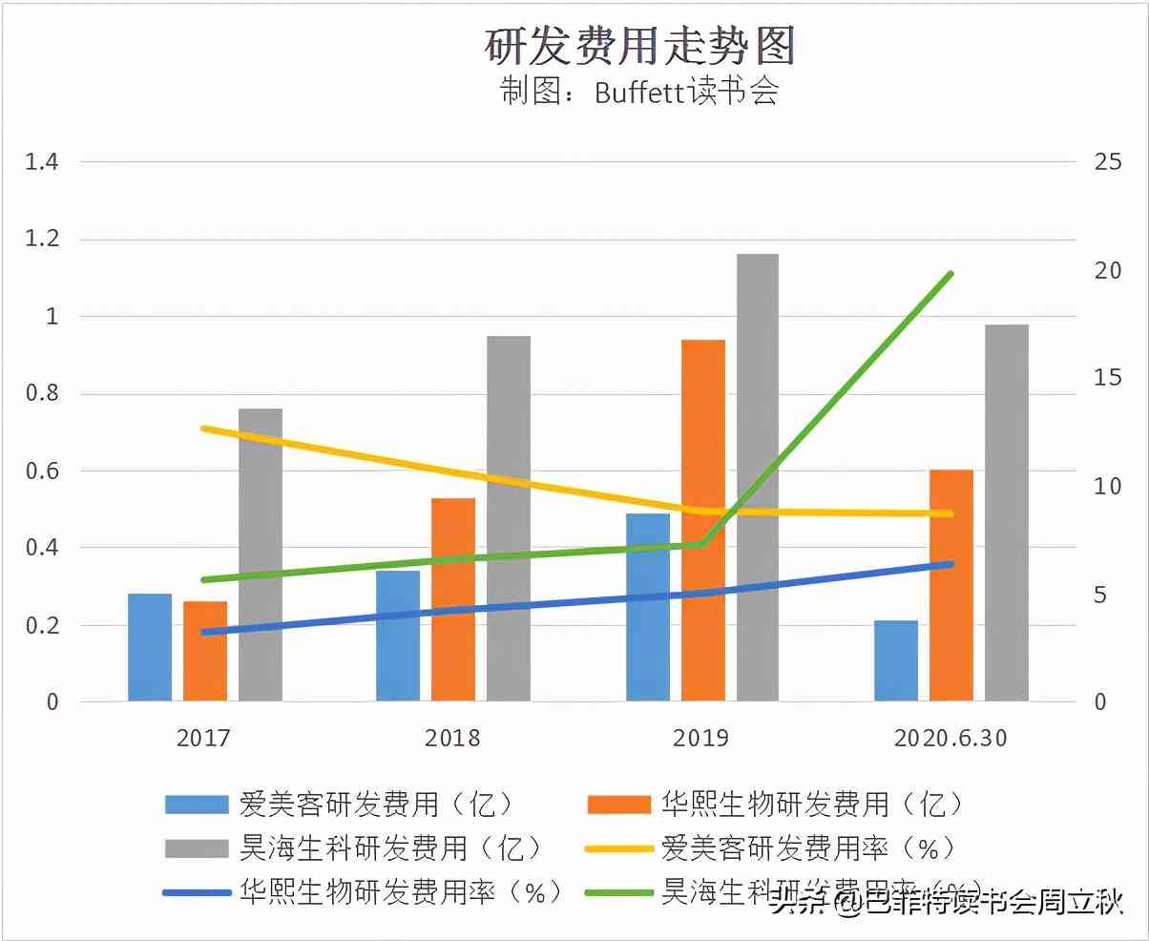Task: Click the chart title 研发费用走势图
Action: coord(639,46)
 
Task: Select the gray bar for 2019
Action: coord(757,477)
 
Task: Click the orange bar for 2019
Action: coord(702,520)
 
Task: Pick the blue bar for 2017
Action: coord(150,647)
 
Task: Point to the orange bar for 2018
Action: coord(452,599)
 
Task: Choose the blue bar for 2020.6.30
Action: coord(896,660)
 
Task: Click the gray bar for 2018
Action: coord(508,518)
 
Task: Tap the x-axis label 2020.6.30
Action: coord(951,739)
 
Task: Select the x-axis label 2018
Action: coord(452,739)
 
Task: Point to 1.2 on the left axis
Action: coord(41,240)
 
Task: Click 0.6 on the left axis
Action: coord(41,471)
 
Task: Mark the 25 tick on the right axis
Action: coord(1108,161)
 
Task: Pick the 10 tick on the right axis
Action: coord(1108,486)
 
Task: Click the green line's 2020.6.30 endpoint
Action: coord(951,275)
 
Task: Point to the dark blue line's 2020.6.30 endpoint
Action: coord(951,564)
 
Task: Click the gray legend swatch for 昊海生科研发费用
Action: coord(197,848)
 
